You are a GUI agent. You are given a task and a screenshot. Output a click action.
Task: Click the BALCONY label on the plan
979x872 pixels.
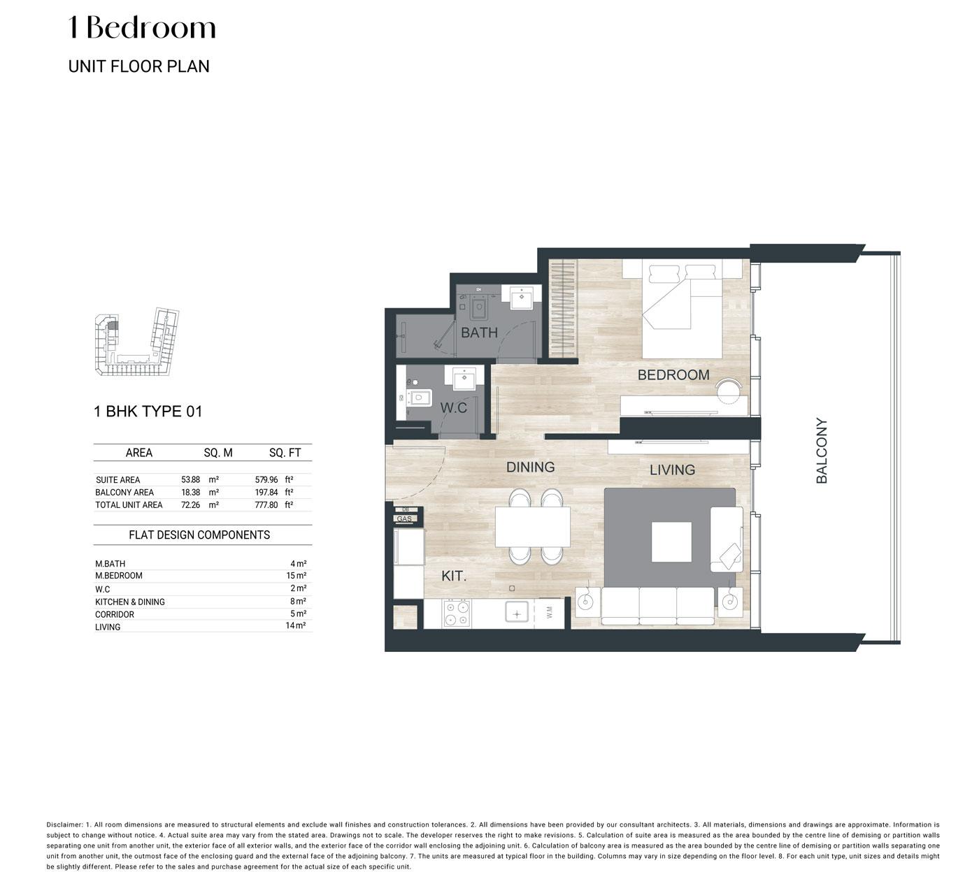point(821,451)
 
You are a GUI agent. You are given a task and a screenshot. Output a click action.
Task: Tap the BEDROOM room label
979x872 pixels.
point(673,375)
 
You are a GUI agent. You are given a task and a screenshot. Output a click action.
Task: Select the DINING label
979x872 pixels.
point(530,467)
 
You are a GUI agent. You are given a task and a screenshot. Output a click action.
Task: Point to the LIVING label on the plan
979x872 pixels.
point(672,470)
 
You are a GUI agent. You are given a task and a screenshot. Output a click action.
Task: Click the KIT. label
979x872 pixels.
point(454,576)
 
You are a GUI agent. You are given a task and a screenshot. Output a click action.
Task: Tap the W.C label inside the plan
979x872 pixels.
point(453,408)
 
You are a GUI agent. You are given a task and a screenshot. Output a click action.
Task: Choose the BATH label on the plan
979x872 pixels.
point(479,332)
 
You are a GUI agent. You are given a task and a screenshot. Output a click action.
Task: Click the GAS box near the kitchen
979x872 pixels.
point(404,519)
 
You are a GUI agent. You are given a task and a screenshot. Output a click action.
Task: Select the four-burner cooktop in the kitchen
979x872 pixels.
point(457,613)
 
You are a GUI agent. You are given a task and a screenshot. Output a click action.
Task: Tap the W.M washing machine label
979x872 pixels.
point(550,612)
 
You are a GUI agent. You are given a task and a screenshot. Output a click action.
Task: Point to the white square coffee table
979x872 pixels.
point(671,542)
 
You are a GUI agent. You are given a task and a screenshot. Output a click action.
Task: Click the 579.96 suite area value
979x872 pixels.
point(266,479)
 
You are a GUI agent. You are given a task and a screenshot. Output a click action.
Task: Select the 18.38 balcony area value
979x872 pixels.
point(190,492)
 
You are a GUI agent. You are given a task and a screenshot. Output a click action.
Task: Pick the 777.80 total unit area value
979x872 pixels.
point(266,504)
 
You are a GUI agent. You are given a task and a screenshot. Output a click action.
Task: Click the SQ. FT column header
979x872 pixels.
point(285,452)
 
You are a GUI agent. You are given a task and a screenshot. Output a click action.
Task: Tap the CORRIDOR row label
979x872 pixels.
point(115,614)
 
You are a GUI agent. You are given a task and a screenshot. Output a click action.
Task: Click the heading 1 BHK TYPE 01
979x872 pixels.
point(148,412)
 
